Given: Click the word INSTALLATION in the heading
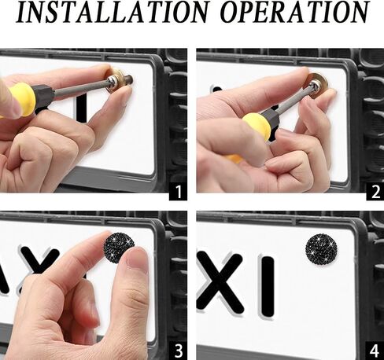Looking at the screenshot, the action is tap(113, 13).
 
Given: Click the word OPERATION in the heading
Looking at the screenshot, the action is tap(294, 13).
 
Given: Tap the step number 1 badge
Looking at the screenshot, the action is tap(178, 192).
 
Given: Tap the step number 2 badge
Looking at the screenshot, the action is tap(375, 192).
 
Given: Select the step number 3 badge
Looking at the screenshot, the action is tap(178, 351).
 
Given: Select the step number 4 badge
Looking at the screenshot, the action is tap(375, 351).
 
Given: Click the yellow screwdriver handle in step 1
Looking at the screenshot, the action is tap(21, 99).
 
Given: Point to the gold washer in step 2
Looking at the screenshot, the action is tap(318, 83).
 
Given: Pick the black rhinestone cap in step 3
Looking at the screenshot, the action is tap(118, 246).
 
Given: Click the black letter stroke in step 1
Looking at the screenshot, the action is tap(81, 109).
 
